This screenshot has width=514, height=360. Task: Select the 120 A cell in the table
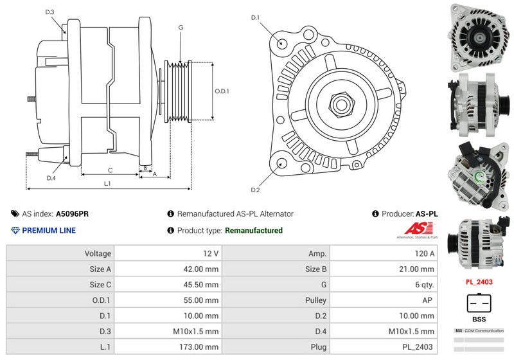[424, 254]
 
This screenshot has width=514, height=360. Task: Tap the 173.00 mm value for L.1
[202, 346]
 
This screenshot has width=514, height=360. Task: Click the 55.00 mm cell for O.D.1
[202, 300]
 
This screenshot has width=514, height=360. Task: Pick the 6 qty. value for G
[424, 285]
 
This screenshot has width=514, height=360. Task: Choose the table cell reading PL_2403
[418, 346]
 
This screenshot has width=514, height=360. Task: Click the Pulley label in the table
[315, 300]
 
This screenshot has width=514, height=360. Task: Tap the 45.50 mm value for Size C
[202, 285]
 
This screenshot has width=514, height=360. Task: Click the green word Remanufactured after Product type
[254, 230]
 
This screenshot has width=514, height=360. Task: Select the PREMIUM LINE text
[49, 230]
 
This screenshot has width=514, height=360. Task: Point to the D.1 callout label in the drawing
[255, 17]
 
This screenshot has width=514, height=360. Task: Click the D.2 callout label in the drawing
[255, 190]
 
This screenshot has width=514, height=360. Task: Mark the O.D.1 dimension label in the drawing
[221, 91]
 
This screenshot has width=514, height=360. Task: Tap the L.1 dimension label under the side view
[108, 184]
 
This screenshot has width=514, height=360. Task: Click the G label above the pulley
[181, 27]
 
